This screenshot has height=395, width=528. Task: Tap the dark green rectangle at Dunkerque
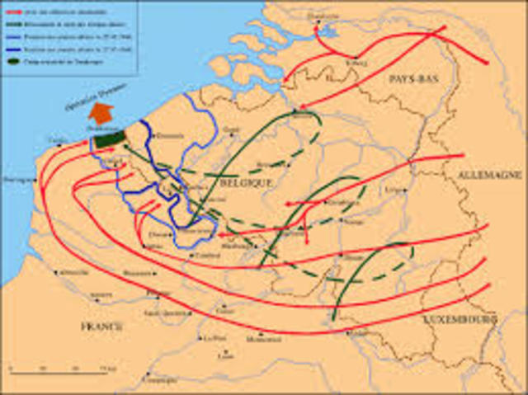coord(108,139)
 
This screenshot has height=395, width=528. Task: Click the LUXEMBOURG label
coord(460,317)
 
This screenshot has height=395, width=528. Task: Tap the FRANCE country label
coord(101,327)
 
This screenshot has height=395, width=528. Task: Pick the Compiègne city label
coord(159,379)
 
